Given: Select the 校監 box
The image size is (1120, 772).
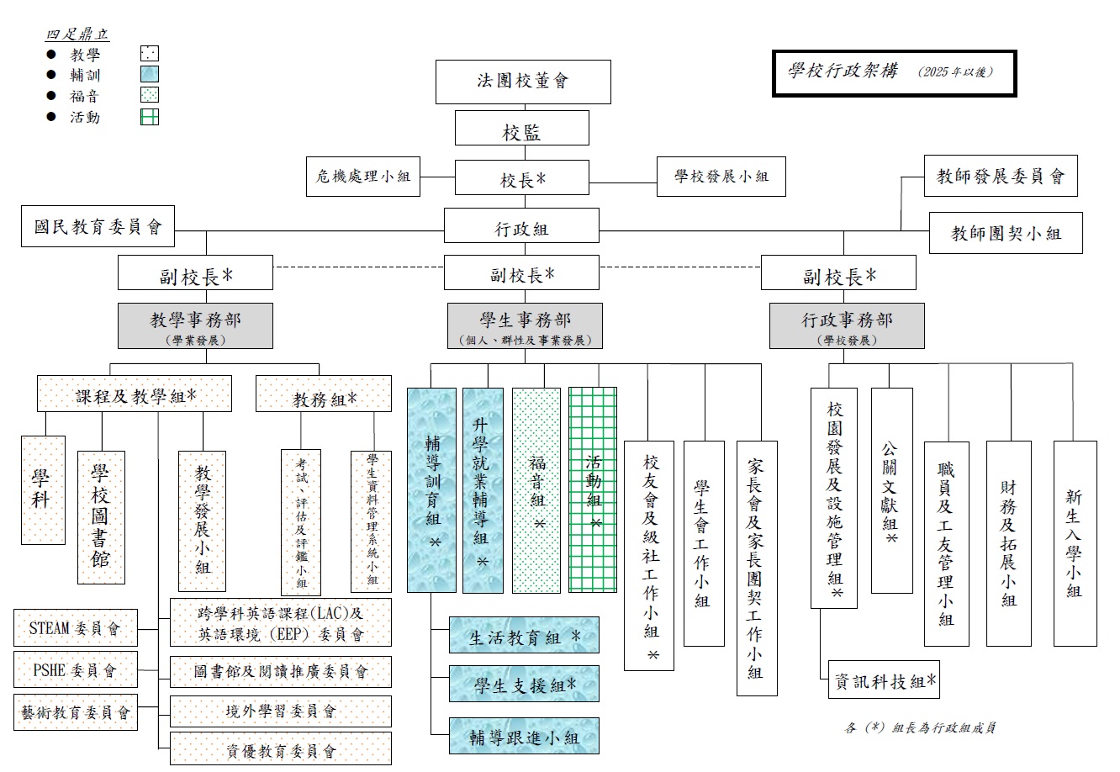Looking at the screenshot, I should click(522, 131).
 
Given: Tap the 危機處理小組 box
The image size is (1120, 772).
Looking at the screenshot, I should click(363, 177).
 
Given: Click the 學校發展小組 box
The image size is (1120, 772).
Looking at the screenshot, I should click(721, 177).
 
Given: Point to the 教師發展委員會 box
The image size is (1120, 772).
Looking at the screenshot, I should click(1001, 176).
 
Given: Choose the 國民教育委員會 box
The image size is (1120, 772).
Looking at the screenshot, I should click(98, 227).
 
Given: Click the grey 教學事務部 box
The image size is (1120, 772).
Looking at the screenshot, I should click(195, 325).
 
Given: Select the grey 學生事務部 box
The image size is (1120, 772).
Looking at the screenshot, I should click(525, 325).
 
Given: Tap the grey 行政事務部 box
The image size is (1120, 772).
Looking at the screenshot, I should click(847, 325).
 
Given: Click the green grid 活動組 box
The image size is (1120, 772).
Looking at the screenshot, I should click(593, 489).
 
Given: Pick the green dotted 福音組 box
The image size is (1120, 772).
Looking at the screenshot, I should click(536, 489).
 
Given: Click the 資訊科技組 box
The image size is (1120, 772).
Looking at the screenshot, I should click(884, 681).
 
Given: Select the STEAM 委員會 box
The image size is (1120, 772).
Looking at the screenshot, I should click(76, 627).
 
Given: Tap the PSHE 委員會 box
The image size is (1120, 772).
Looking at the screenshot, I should click(76, 670).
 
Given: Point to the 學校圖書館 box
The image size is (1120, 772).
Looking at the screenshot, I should click(101, 517).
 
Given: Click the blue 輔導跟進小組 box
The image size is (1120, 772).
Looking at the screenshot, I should click(524, 738).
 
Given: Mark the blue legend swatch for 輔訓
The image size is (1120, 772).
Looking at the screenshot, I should click(150, 75).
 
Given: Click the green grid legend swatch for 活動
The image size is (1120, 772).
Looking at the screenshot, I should click(150, 117).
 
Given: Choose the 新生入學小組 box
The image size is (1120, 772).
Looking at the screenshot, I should click(1075, 543).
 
